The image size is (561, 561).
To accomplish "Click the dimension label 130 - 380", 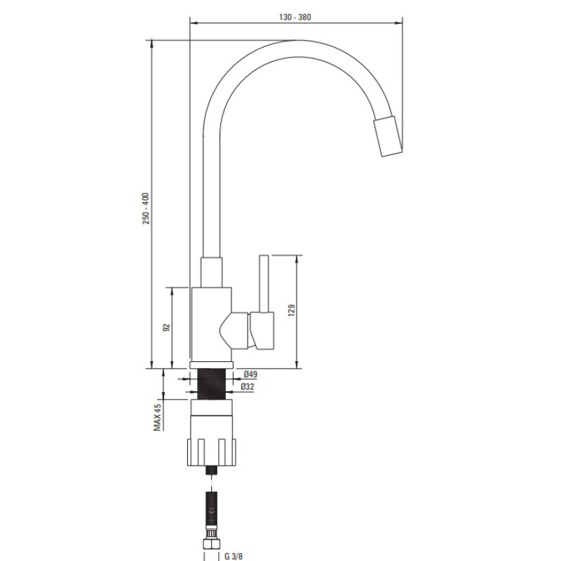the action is (295, 17).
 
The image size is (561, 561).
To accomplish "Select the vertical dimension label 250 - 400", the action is (146, 208).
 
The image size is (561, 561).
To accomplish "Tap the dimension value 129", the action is (292, 310).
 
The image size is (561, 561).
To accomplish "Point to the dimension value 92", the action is (166, 327).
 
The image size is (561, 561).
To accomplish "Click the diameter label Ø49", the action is (250, 374).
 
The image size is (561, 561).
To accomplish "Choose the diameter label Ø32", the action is (248, 387).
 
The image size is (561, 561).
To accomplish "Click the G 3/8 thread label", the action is (234, 556).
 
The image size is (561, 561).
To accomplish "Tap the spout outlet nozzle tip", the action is (388, 136).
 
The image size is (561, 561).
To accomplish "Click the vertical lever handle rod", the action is (264, 283).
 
